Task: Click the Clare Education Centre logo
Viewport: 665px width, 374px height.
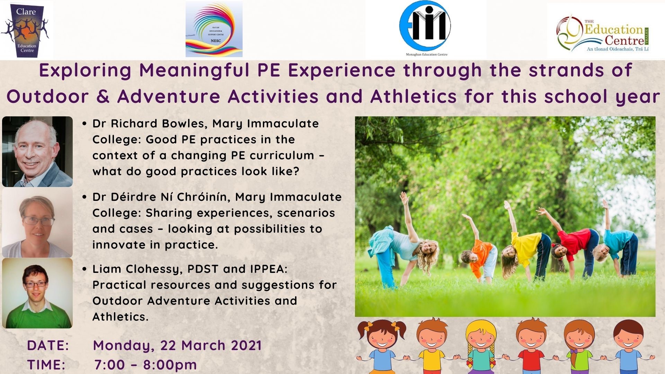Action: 26,30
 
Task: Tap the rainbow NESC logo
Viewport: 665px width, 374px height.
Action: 214,29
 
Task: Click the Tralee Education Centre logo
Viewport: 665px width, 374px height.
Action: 603,33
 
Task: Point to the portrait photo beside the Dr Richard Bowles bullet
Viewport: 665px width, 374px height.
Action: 37,152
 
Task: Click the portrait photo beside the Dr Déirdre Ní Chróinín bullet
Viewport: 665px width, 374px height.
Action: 37,223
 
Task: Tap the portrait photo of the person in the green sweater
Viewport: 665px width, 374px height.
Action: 37,293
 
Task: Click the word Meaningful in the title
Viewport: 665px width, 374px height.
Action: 194,70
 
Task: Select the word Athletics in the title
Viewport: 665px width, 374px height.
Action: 414,96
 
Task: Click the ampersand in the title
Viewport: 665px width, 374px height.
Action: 103,96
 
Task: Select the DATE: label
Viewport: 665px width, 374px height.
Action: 48,346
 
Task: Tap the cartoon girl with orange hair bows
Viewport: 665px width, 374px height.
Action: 381,346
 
